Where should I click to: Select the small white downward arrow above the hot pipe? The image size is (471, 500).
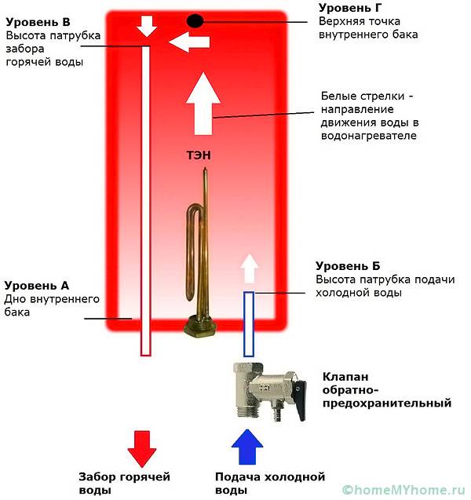pos(146,27)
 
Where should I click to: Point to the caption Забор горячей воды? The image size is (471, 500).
pos(124,483)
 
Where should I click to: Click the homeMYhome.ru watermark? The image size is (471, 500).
pos(403,489)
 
